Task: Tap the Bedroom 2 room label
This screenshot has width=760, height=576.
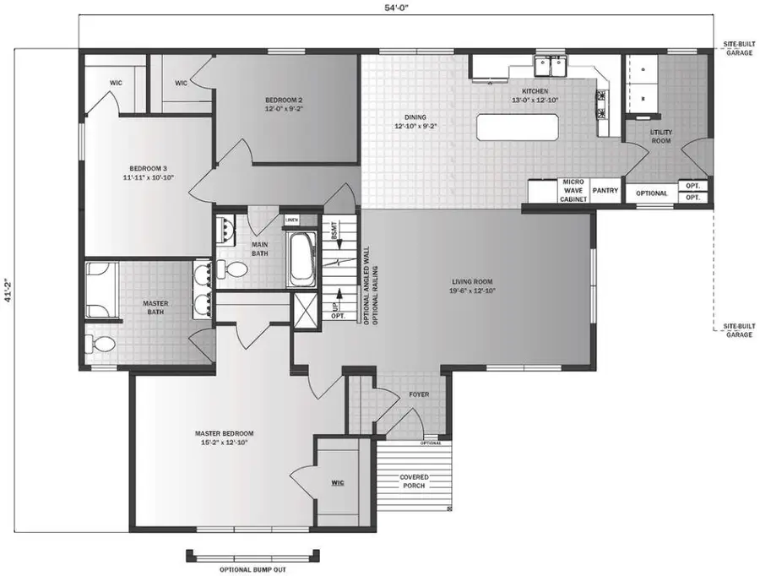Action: [x=284, y=103]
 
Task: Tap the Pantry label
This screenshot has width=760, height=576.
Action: [x=605, y=192]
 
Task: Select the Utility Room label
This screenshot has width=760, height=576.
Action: [x=660, y=138]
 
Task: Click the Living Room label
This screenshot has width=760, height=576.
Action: [x=471, y=285]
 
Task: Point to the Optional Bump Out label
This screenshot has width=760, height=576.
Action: [x=252, y=569]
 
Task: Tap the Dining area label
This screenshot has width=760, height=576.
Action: [x=415, y=122]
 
